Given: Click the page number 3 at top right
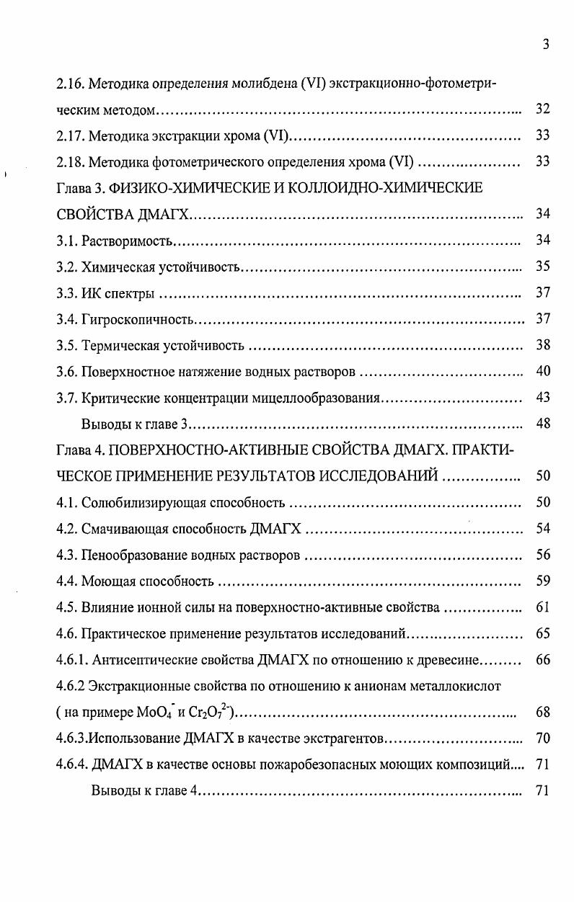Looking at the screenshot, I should tap(546, 45).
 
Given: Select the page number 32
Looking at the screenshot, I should tap(543, 110).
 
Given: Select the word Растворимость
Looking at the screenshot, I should tap(128, 241).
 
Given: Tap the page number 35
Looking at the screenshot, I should tap(543, 267).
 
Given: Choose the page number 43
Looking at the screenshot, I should tap(543, 397).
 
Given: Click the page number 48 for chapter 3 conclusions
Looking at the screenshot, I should tap(543, 424).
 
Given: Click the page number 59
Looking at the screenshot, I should tap(543, 581).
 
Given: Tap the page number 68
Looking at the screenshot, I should tap(543, 712).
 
